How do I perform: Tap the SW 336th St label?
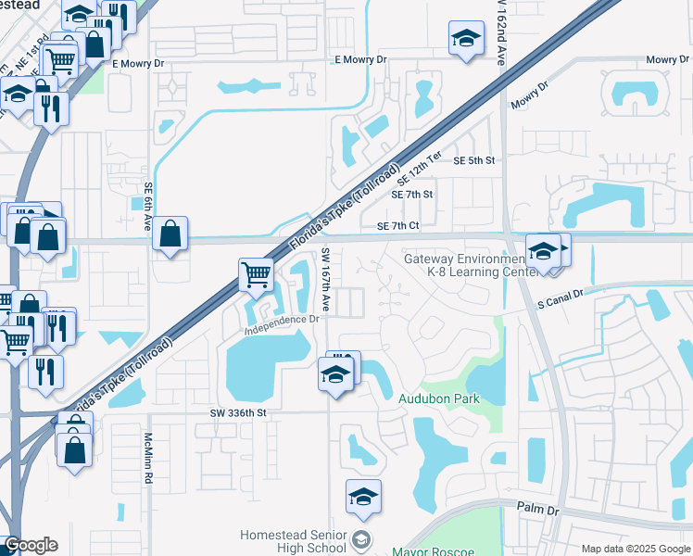(238, 412)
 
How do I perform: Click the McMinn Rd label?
(148, 459)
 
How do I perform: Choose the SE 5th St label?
(474, 160)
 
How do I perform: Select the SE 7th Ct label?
(398, 226)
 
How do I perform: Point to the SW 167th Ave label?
(326, 278)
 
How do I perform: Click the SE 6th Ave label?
(148, 200)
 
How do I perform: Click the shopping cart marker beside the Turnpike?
(256, 273)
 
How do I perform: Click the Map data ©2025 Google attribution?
(636, 549)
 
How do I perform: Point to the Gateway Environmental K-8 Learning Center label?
(471, 265)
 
